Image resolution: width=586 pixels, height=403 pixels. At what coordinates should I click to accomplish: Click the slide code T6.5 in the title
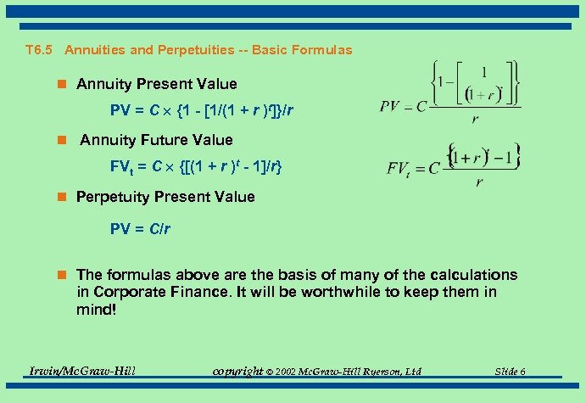click(x=39, y=50)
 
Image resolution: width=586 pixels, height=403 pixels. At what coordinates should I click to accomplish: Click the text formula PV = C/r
click(x=141, y=229)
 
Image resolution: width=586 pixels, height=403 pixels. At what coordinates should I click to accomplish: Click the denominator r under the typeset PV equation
click(x=475, y=120)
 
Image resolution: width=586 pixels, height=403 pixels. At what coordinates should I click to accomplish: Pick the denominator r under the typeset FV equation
click(x=480, y=182)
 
